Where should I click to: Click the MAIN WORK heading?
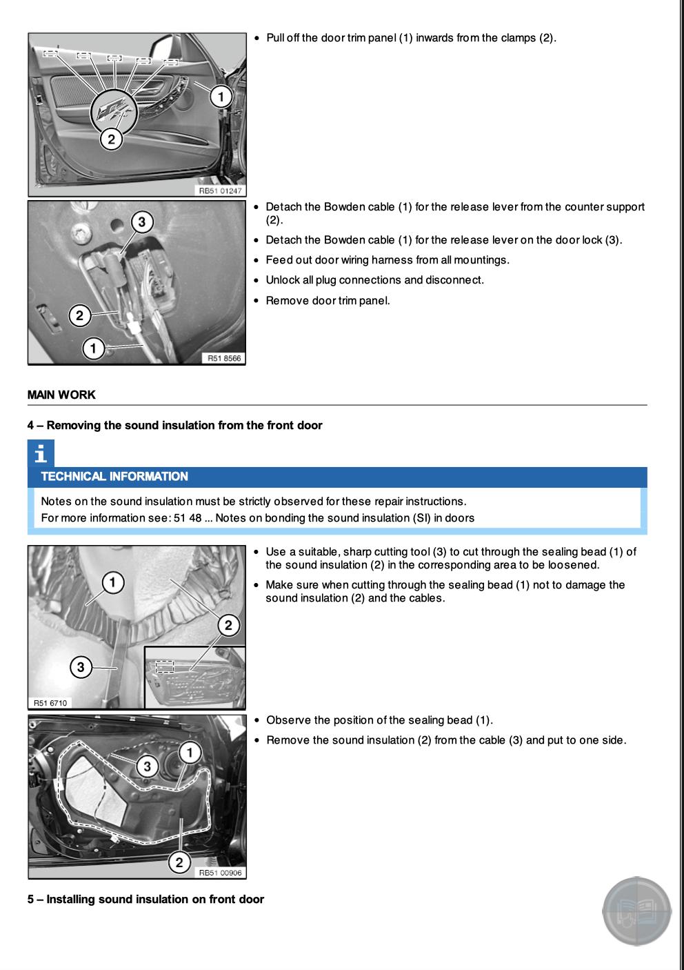click(x=61, y=395)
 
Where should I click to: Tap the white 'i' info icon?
click(x=41, y=454)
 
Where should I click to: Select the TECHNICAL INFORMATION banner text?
click(x=114, y=476)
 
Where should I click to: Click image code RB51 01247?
click(x=221, y=190)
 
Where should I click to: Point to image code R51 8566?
click(x=223, y=358)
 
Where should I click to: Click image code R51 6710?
click(x=50, y=703)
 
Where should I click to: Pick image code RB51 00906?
click(x=221, y=873)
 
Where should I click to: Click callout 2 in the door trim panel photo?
click(x=111, y=139)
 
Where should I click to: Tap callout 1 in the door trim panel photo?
click(x=221, y=97)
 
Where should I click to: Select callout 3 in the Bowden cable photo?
click(x=141, y=222)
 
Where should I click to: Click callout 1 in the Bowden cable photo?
click(x=93, y=348)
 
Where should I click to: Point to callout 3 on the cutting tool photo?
click(x=81, y=666)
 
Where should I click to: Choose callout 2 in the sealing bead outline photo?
click(x=179, y=862)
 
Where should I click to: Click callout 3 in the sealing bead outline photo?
click(x=146, y=766)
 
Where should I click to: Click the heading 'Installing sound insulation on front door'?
click(x=145, y=899)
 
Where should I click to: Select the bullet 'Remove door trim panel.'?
click(x=328, y=300)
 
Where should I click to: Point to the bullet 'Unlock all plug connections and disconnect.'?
click(x=374, y=280)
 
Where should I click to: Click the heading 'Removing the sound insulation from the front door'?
click(x=175, y=425)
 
